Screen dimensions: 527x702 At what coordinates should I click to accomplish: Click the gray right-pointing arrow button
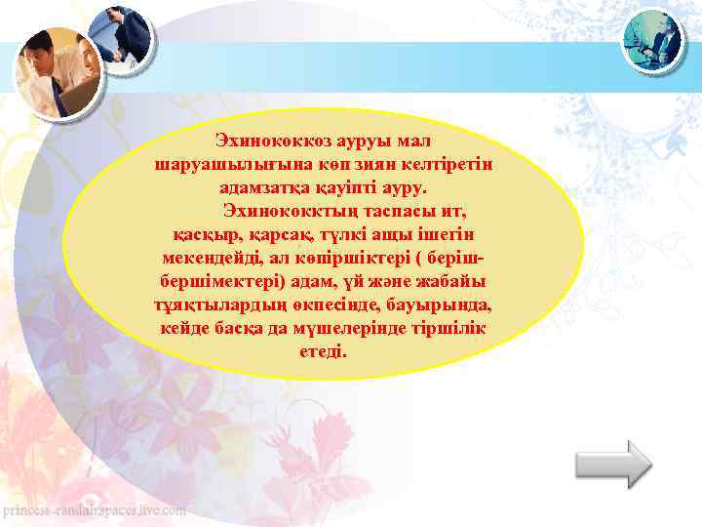coord(613,464)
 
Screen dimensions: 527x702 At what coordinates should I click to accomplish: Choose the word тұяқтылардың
coord(216,305)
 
